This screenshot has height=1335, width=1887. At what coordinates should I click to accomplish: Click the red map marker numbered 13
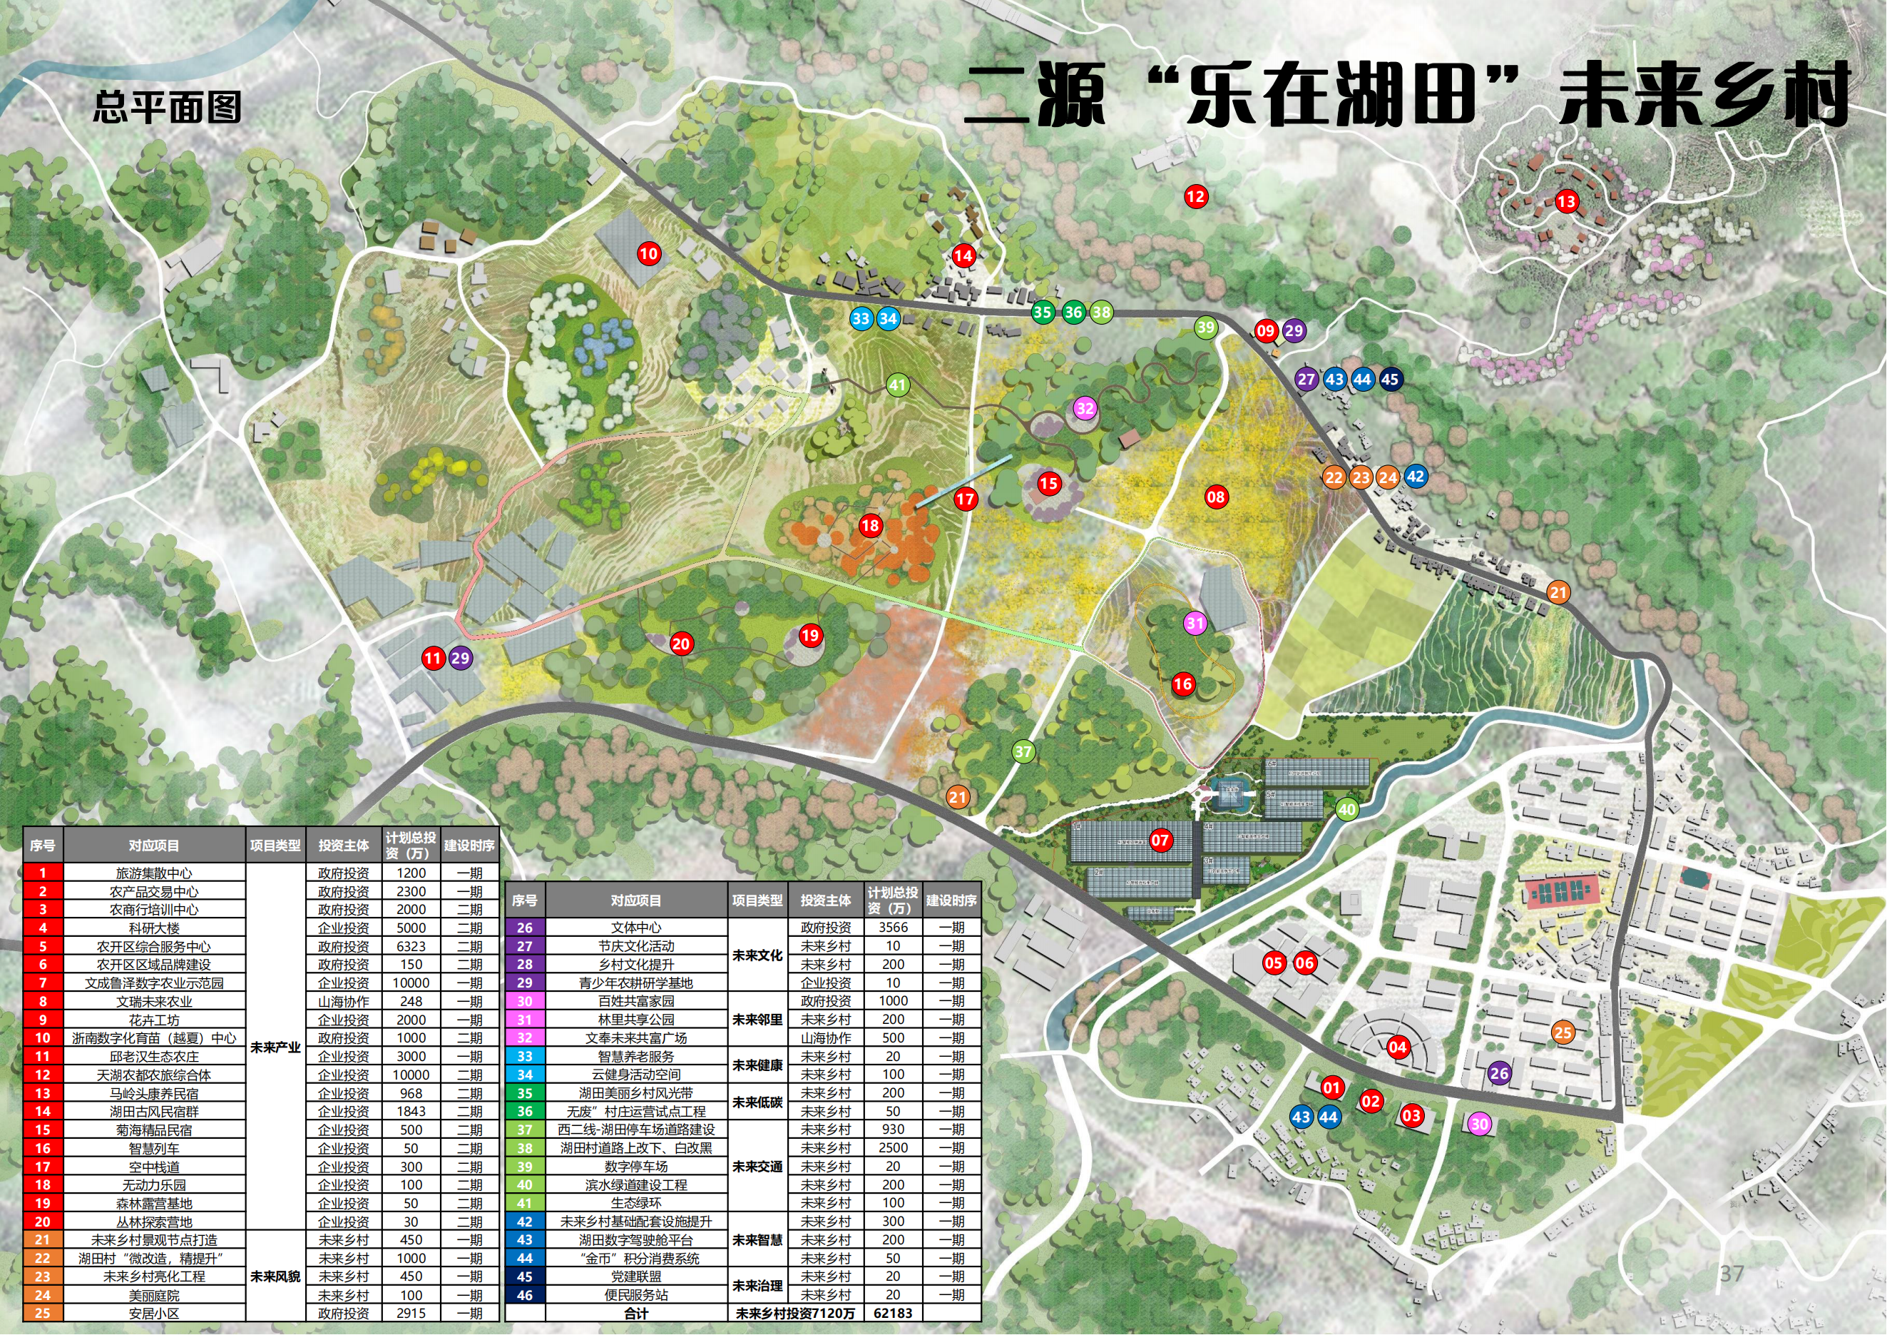[x=1567, y=201]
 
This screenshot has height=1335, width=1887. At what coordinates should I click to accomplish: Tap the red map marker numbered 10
[x=648, y=253]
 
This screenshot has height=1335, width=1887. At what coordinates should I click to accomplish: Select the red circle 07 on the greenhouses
[x=1160, y=840]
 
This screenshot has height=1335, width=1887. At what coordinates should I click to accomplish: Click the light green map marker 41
[x=897, y=384]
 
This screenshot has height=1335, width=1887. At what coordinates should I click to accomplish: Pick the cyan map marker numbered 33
[x=861, y=319]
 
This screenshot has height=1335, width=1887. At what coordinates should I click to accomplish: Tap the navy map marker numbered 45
[x=1390, y=379]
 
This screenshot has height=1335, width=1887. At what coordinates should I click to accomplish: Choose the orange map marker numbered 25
[x=1563, y=1032]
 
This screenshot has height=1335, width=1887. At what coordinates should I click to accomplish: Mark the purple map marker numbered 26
[x=1499, y=1072]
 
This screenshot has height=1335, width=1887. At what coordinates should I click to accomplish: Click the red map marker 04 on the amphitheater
[x=1397, y=1047]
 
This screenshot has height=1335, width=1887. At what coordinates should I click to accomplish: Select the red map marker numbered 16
[x=1182, y=684]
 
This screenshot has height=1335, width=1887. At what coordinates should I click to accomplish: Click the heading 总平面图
[x=167, y=108]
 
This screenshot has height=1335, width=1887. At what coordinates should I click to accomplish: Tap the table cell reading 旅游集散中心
[x=154, y=873]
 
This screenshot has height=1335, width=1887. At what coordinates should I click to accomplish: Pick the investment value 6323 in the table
[x=411, y=946]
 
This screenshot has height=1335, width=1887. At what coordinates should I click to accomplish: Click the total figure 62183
[x=894, y=1313]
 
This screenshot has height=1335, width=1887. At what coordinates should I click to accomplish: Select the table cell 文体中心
[x=636, y=928]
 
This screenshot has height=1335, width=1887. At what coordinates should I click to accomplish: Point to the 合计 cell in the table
[x=636, y=1313]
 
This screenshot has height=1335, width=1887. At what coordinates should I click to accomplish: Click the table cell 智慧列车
[x=154, y=1148]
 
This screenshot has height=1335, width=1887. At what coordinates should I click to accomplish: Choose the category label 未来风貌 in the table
[x=275, y=1276]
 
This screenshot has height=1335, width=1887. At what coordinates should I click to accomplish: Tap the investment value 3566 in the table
[x=894, y=928]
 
